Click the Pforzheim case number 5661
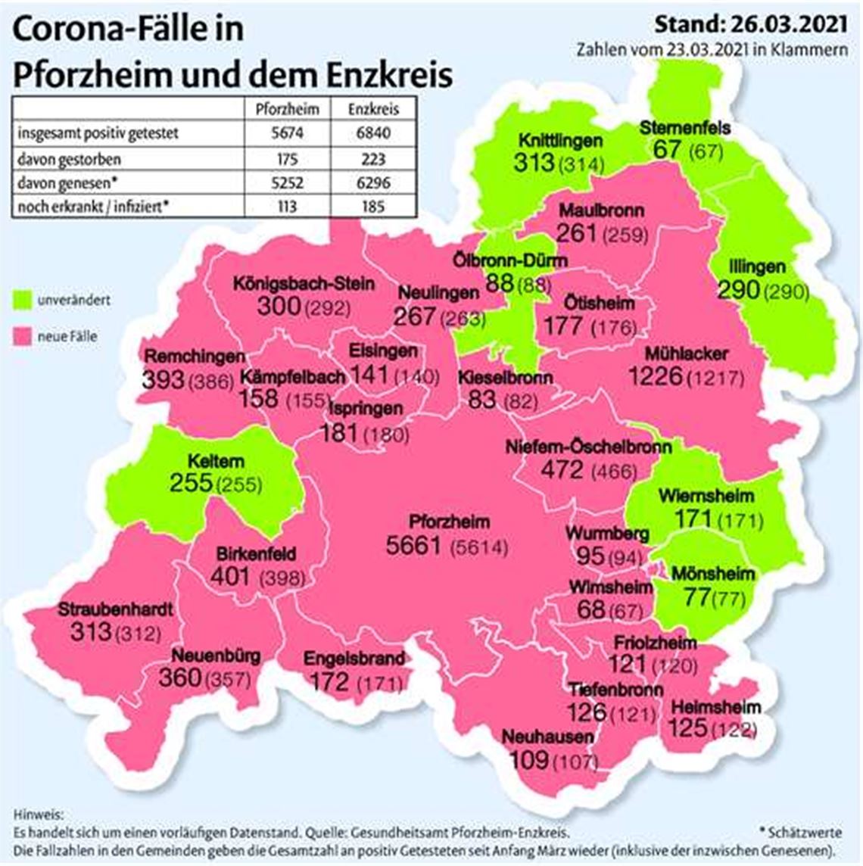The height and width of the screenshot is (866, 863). point(413,545)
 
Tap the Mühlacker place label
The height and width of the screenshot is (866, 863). point(687,354)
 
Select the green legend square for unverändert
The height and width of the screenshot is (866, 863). point(23,301)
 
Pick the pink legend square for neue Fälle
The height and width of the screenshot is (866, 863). point(23,337)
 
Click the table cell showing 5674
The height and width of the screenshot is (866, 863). point(287,133)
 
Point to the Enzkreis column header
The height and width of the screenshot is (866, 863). point(373,108)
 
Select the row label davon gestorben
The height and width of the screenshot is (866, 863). point(70,159)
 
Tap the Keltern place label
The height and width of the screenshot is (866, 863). point(205,461)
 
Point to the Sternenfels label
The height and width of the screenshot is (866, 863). point(685,127)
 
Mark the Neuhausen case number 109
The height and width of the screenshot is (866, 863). point(527,759)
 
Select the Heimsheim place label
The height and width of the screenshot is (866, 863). point(715,707)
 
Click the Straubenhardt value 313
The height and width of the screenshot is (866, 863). point(90,631)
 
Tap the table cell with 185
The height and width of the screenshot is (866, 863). point(373,206)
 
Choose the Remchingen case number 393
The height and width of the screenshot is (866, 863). point(163,380)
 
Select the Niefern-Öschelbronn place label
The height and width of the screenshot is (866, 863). point(588,447)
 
